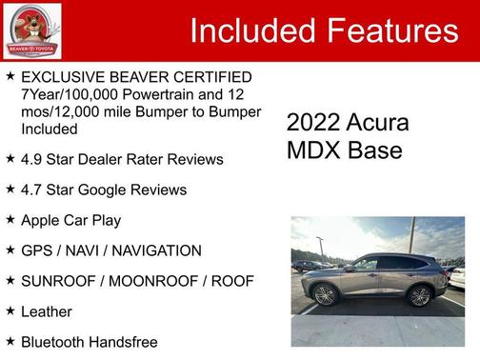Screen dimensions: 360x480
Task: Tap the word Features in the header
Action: [391, 31]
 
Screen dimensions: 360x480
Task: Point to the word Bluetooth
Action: [56, 341]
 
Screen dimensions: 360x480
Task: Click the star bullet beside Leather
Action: [10, 310]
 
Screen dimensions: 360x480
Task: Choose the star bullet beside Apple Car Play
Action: [10, 219]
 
